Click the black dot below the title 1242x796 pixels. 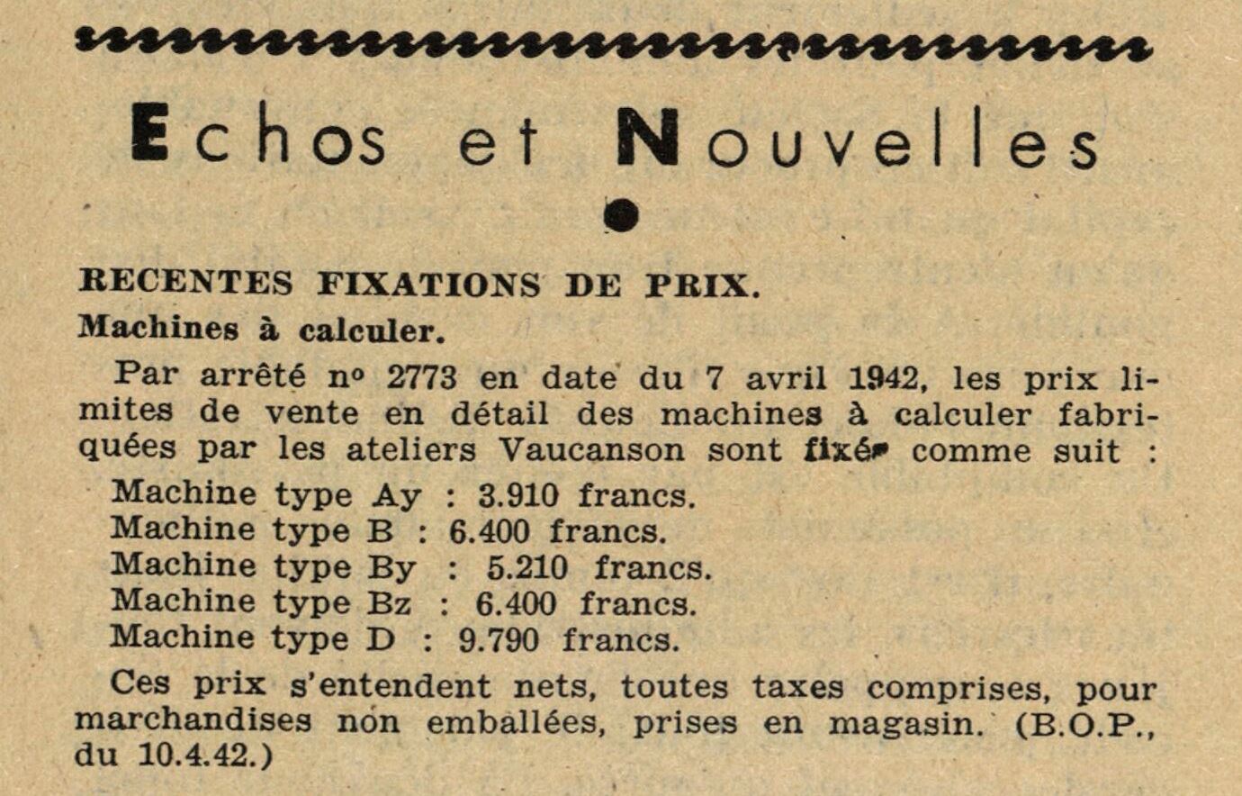[622, 215]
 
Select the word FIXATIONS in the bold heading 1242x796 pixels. [428, 285]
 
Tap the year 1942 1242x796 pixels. [887, 377]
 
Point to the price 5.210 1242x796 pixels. [526, 567]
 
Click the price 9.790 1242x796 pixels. [499, 640]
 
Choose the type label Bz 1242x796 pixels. [389, 603]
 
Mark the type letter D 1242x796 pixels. [382, 639]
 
